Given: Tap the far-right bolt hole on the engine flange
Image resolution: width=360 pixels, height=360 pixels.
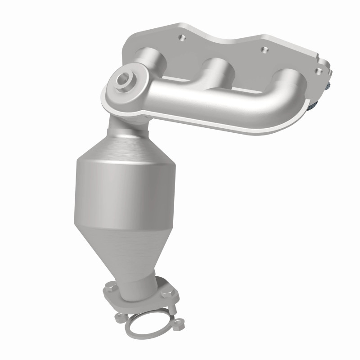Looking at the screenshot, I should [x=319, y=70].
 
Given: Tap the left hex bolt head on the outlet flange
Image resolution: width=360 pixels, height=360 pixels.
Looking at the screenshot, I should [x=109, y=285].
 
